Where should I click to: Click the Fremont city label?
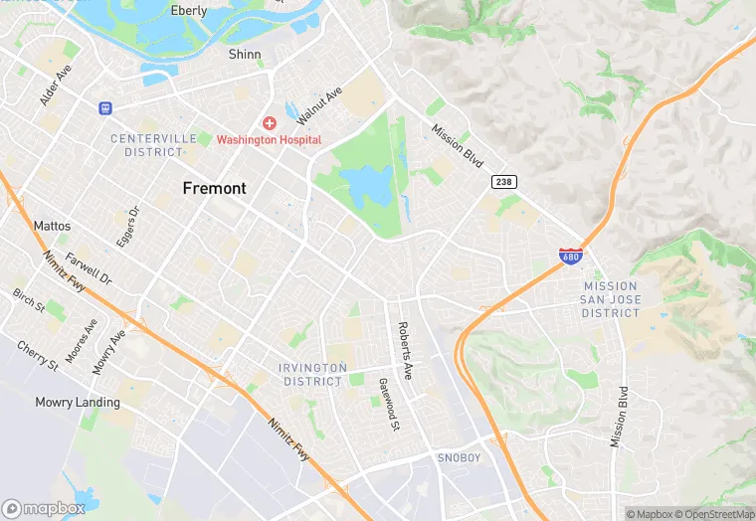point(214,188)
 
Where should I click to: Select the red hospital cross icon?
point(269,122)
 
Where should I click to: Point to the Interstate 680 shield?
point(570,256)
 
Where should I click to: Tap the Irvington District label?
point(314,374)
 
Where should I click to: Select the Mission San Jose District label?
point(611,299)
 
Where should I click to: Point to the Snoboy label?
point(460,457)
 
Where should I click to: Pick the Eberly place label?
point(189,11)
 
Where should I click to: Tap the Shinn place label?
point(245,55)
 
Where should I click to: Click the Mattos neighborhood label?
point(52,227)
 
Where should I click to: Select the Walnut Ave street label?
point(319,104)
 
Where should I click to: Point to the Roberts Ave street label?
point(405,350)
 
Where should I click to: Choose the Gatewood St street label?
point(388,405)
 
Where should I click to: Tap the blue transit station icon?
point(104,107)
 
